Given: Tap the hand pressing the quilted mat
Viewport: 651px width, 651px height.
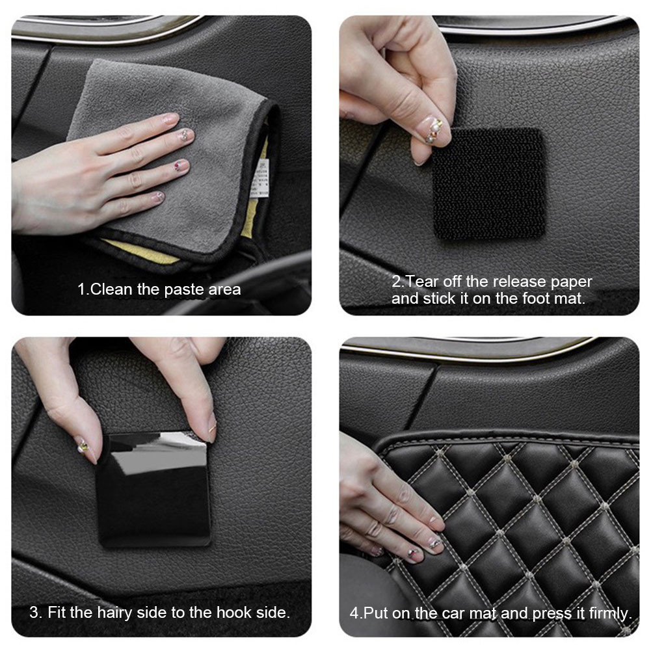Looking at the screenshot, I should coord(384,507).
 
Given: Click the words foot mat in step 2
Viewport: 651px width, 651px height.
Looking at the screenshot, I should coord(555,299).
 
